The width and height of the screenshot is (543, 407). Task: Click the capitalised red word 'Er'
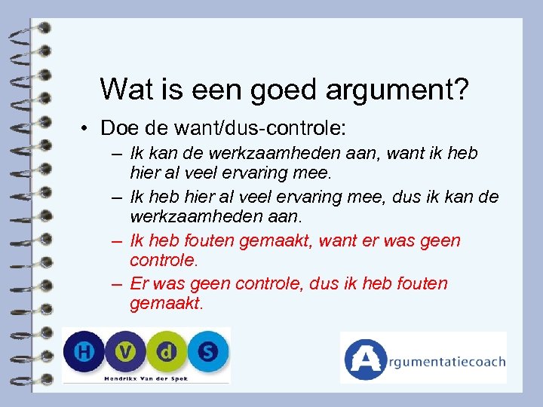(x=139, y=284)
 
